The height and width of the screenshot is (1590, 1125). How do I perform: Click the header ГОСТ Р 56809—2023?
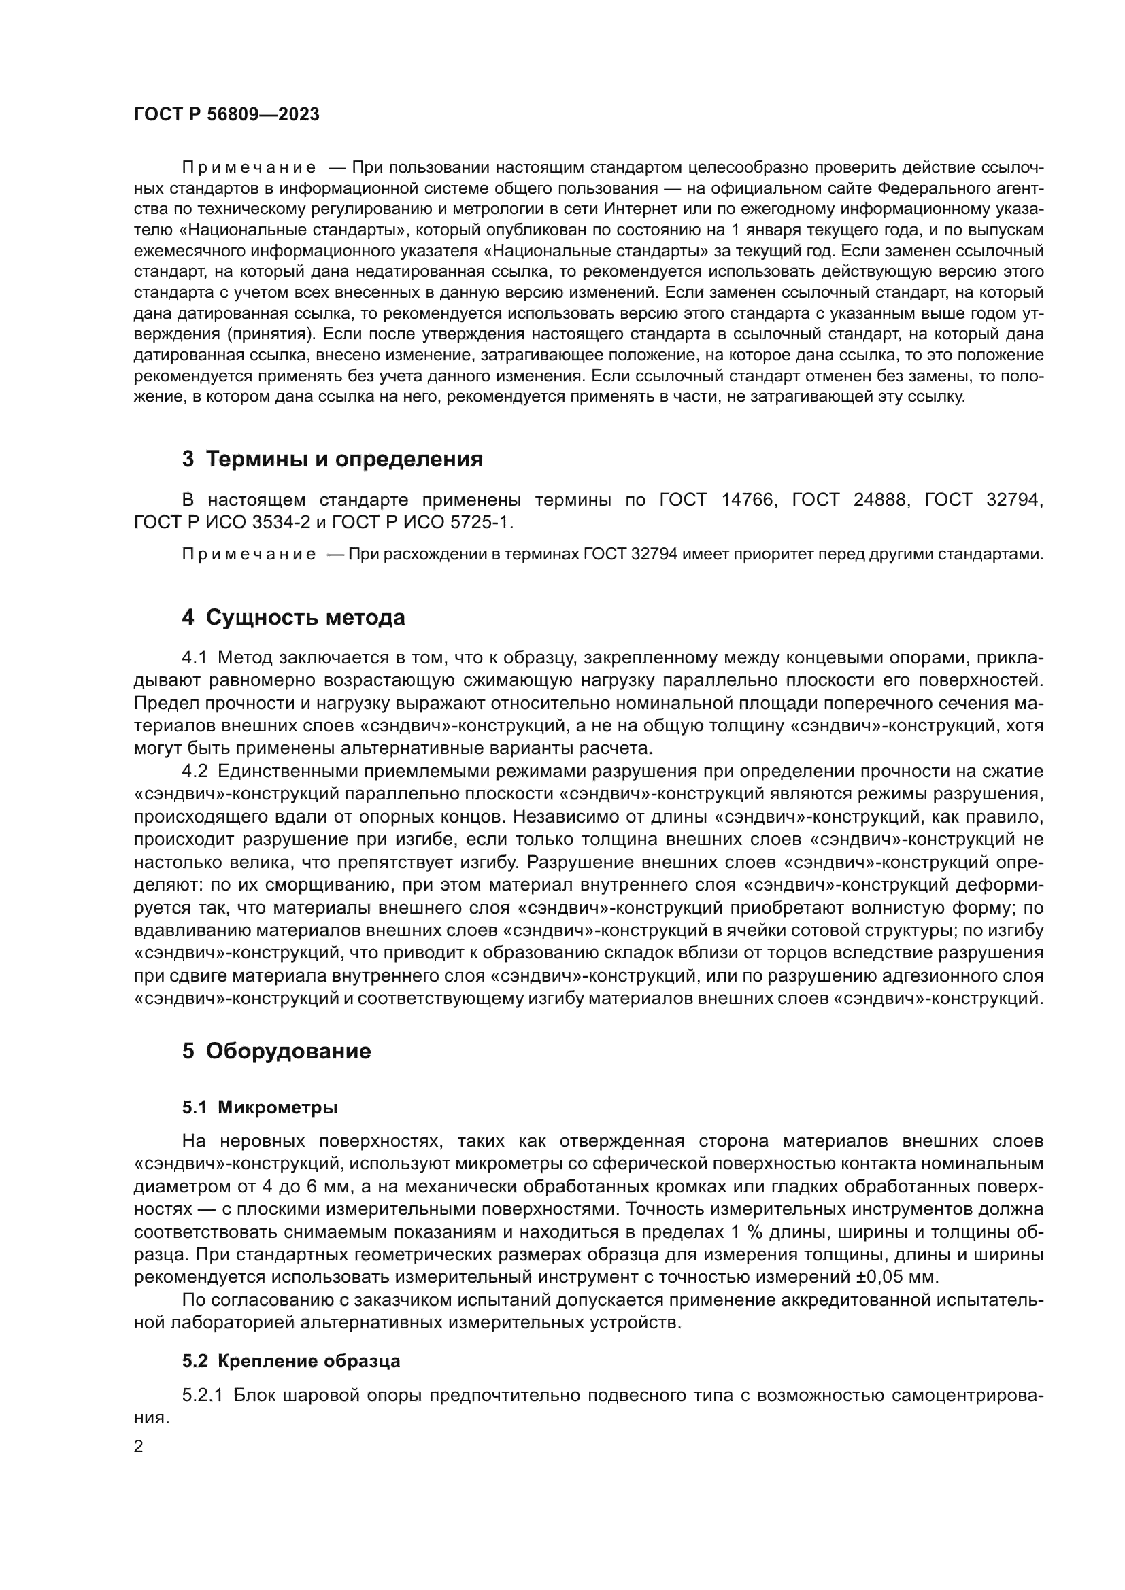(226, 115)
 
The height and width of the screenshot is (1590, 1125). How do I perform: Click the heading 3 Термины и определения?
(333, 459)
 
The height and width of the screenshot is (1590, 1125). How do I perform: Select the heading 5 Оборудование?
(276, 1051)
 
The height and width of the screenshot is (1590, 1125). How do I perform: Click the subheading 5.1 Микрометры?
(260, 1107)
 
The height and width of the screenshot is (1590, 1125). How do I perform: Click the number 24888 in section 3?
(879, 500)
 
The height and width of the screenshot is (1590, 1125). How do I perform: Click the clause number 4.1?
(195, 657)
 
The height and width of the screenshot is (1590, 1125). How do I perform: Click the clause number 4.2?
(195, 772)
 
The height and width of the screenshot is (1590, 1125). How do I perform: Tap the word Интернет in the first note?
(637, 209)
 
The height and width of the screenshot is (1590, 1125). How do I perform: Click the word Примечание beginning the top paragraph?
(249, 168)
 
